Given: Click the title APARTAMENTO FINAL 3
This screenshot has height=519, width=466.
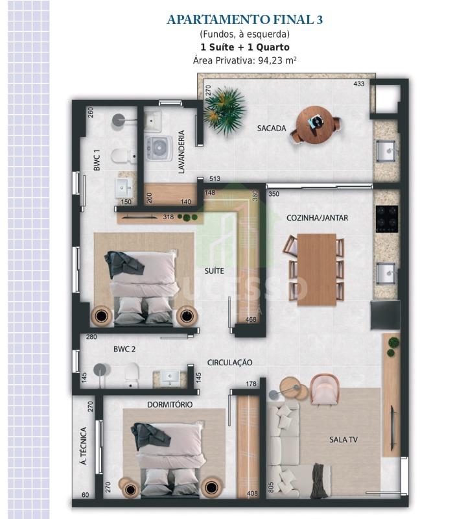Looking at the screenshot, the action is [245, 19].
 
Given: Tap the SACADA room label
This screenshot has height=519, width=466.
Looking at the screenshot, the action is [272, 128].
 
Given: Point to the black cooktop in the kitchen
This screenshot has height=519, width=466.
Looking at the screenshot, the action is [387, 219].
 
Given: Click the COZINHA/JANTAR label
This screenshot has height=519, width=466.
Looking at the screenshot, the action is [317, 218].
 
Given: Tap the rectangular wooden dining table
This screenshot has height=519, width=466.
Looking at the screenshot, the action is [317, 270].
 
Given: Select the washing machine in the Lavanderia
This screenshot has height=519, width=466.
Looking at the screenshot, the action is [159, 148].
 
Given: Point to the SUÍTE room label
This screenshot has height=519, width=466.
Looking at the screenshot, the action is [215, 271].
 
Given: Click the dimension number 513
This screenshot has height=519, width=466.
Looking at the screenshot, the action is [215, 179].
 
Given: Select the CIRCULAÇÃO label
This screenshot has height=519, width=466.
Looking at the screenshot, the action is [229, 363].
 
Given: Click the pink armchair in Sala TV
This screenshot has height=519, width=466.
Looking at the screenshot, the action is [324, 389].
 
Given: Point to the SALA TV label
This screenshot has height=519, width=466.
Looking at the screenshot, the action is [344, 440].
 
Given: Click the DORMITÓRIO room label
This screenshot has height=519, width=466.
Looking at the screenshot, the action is [170, 404].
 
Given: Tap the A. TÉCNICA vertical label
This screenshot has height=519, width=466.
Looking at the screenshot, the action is [84, 446].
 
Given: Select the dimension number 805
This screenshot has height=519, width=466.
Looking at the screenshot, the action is [271, 487].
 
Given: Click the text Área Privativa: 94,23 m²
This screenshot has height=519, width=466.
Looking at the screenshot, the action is [245, 60].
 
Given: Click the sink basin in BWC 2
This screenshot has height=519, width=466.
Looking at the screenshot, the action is [170, 377].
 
